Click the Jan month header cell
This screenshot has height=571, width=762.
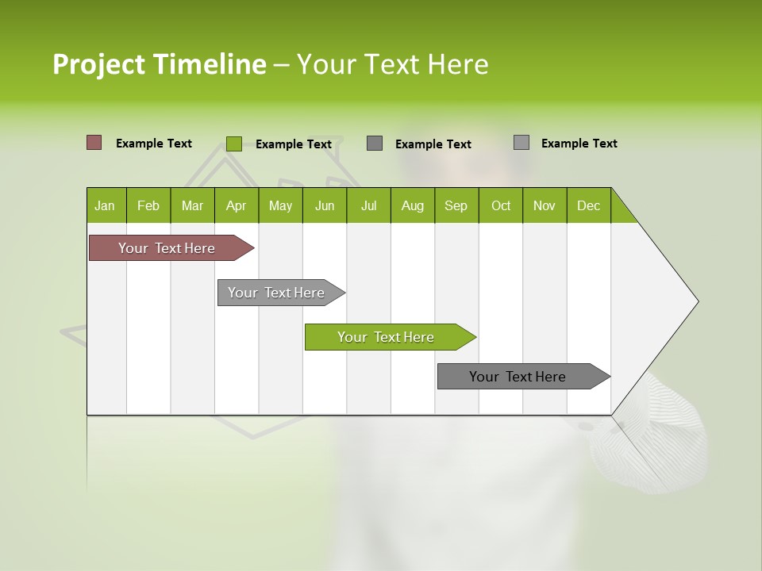pos(105,205)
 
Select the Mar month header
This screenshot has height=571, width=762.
pos(192,205)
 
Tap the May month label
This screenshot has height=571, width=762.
pos(280,205)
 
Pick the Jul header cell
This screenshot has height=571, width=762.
pos(368,205)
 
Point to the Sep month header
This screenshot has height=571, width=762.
pos(456,205)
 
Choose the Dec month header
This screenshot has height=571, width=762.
pos(588,205)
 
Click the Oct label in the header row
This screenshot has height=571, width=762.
pos(501,205)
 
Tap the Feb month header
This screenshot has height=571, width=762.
pos(148,205)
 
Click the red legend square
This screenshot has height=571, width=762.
pos(94,143)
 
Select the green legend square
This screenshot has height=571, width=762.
pos(233,144)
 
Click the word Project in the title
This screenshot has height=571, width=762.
pos(99,64)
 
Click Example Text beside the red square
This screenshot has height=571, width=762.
pos(154,144)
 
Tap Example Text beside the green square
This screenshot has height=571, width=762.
pos(294,144)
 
